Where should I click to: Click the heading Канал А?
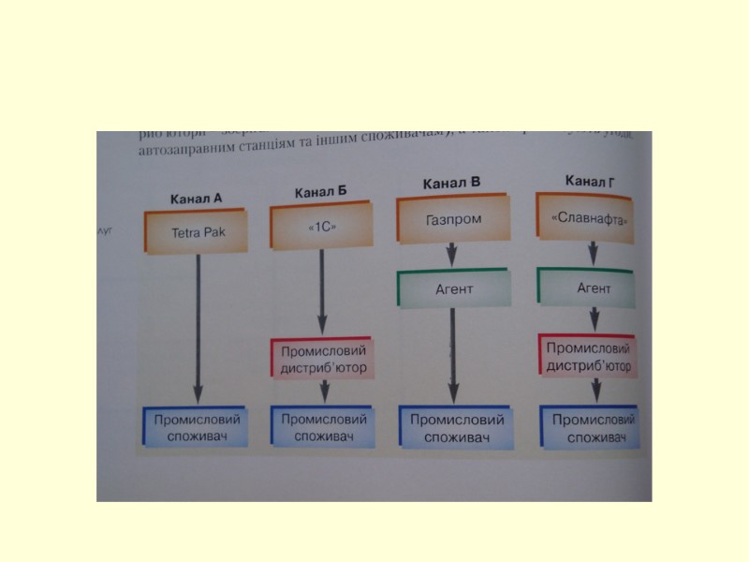tap(197, 199)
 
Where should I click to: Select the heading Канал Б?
tap(321, 192)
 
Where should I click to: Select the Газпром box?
tap(453, 219)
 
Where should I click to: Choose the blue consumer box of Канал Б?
tap(324, 427)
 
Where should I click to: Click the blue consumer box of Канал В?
tap(457, 428)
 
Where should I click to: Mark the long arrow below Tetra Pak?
tap(198, 328)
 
